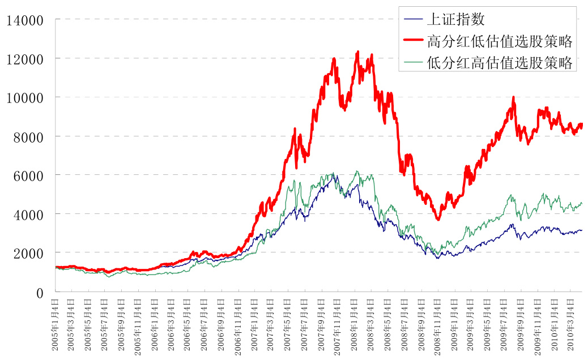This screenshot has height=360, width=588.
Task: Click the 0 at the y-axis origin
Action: click(40, 293)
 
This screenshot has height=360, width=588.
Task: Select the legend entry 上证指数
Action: click(455, 19)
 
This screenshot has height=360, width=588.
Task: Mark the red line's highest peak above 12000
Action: click(357, 52)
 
